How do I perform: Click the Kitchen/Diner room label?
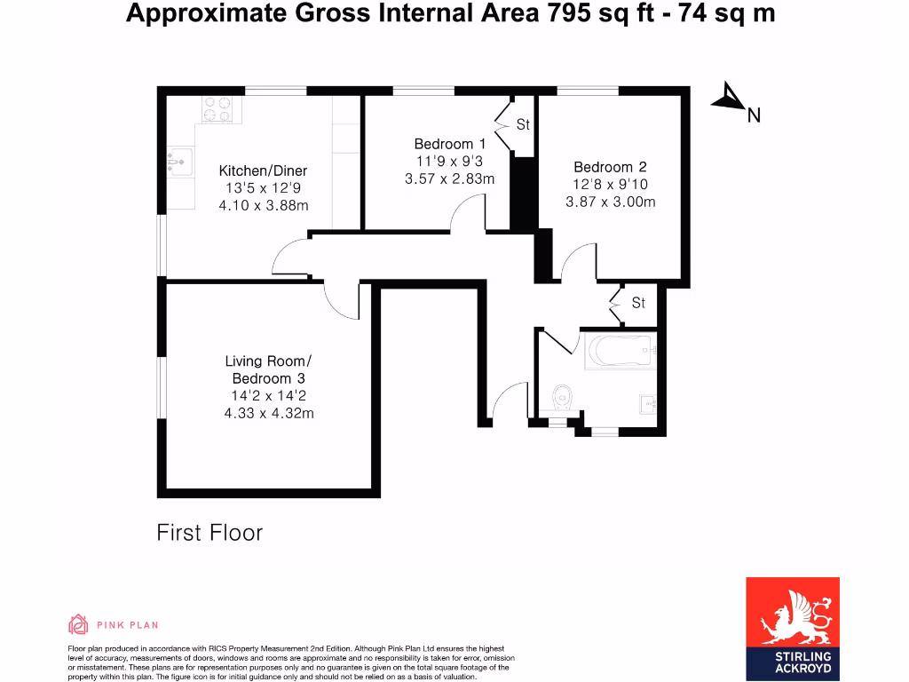point(263,170)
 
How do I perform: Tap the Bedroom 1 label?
point(450,144)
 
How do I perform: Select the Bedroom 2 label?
point(610,167)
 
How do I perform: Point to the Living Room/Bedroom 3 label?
point(269,369)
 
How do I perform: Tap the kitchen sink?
point(179,161)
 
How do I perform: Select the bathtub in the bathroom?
point(620,353)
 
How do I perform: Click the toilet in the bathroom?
point(562,398)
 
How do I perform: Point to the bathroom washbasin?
point(650,405)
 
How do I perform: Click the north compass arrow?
point(730,98)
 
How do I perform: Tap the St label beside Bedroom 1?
point(523,125)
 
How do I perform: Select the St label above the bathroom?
point(638,304)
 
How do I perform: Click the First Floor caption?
point(209,533)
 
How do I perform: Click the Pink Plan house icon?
point(78,624)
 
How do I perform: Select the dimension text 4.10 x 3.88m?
point(263,205)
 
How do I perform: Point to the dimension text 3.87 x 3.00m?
point(610,202)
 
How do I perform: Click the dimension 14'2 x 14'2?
point(269,396)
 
